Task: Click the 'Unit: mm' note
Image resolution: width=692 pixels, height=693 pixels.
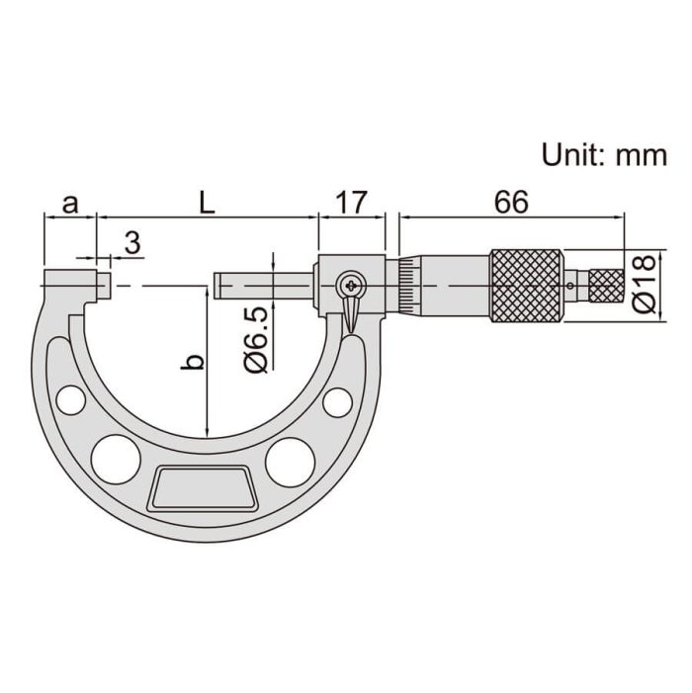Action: click(604, 155)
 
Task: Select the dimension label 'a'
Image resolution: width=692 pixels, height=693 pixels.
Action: click(70, 205)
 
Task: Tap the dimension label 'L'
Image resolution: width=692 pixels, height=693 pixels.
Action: click(207, 203)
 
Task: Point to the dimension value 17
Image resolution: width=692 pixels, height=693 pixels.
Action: click(351, 203)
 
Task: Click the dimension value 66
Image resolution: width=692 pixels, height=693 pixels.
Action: click(511, 203)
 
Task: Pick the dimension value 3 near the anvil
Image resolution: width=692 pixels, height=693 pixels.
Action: click(132, 242)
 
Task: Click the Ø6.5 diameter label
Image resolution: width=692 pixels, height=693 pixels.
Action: click(256, 339)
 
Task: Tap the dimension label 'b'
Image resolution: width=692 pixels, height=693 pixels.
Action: click(193, 362)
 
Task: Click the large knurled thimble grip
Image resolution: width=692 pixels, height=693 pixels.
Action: click(526, 286)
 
